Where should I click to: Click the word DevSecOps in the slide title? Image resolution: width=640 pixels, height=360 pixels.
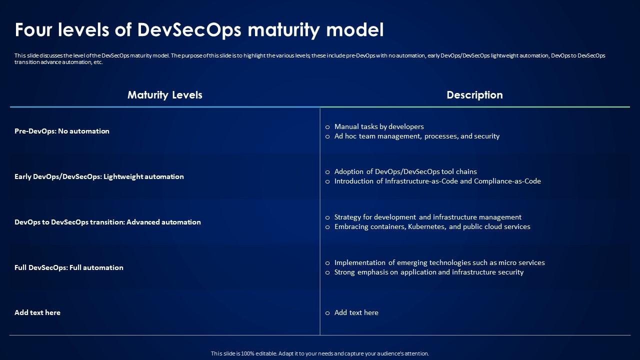click(189, 30)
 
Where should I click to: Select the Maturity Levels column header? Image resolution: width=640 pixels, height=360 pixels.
click(165, 95)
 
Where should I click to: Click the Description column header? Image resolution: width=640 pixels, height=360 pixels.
click(474, 95)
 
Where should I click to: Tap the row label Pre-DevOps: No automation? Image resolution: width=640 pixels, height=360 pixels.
click(62, 131)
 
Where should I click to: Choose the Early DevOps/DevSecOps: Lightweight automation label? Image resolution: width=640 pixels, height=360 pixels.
click(99, 176)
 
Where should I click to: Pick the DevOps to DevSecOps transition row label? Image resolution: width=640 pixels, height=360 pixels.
click(107, 222)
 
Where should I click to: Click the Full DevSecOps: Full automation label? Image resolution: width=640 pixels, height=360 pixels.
click(69, 267)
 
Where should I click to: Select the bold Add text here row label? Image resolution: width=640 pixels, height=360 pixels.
click(37, 312)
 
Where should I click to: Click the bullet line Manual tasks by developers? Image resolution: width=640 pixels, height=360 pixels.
click(379, 126)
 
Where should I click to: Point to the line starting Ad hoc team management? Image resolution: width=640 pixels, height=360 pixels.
click(416, 136)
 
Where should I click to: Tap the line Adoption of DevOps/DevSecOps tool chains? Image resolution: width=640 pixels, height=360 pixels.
click(405, 171)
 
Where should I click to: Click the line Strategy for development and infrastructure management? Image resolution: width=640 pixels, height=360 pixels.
click(427, 217)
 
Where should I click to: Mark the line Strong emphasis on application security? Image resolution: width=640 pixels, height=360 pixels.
click(428, 272)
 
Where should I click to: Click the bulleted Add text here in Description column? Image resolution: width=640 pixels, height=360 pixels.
click(356, 312)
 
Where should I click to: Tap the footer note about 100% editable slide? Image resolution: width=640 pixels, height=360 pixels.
click(320, 353)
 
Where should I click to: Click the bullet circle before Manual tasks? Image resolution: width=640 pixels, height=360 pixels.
click(327, 127)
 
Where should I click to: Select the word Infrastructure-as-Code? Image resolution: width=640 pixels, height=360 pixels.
click(421, 181)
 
